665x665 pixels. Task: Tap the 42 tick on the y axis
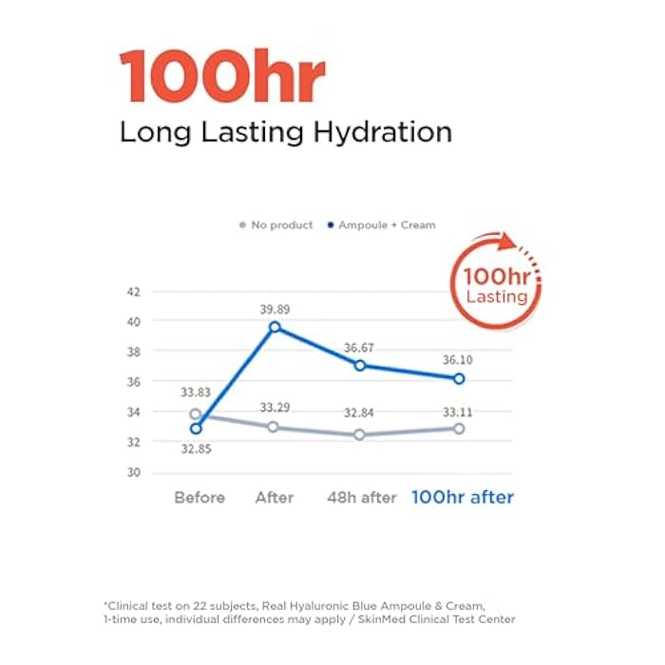[133, 291]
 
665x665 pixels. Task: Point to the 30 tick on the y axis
[133, 472]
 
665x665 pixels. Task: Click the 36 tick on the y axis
[133, 382]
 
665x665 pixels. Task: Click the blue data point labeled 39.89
[275, 327]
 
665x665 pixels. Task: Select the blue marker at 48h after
[360, 365]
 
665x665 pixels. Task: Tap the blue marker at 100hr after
[459, 378]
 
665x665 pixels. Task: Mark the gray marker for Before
[196, 414]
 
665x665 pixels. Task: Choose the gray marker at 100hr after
[459, 428]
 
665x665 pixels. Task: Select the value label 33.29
[275, 408]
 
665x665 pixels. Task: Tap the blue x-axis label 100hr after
[462, 498]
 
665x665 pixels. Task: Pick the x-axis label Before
[199, 498]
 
